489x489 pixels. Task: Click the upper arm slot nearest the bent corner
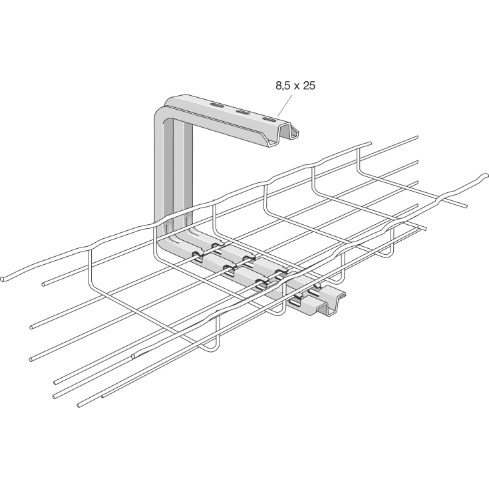[x=218, y=105]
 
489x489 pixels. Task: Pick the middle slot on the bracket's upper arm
[x=244, y=113]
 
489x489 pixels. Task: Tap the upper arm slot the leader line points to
[x=269, y=120]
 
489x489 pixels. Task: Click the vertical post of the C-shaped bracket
[x=174, y=166]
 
